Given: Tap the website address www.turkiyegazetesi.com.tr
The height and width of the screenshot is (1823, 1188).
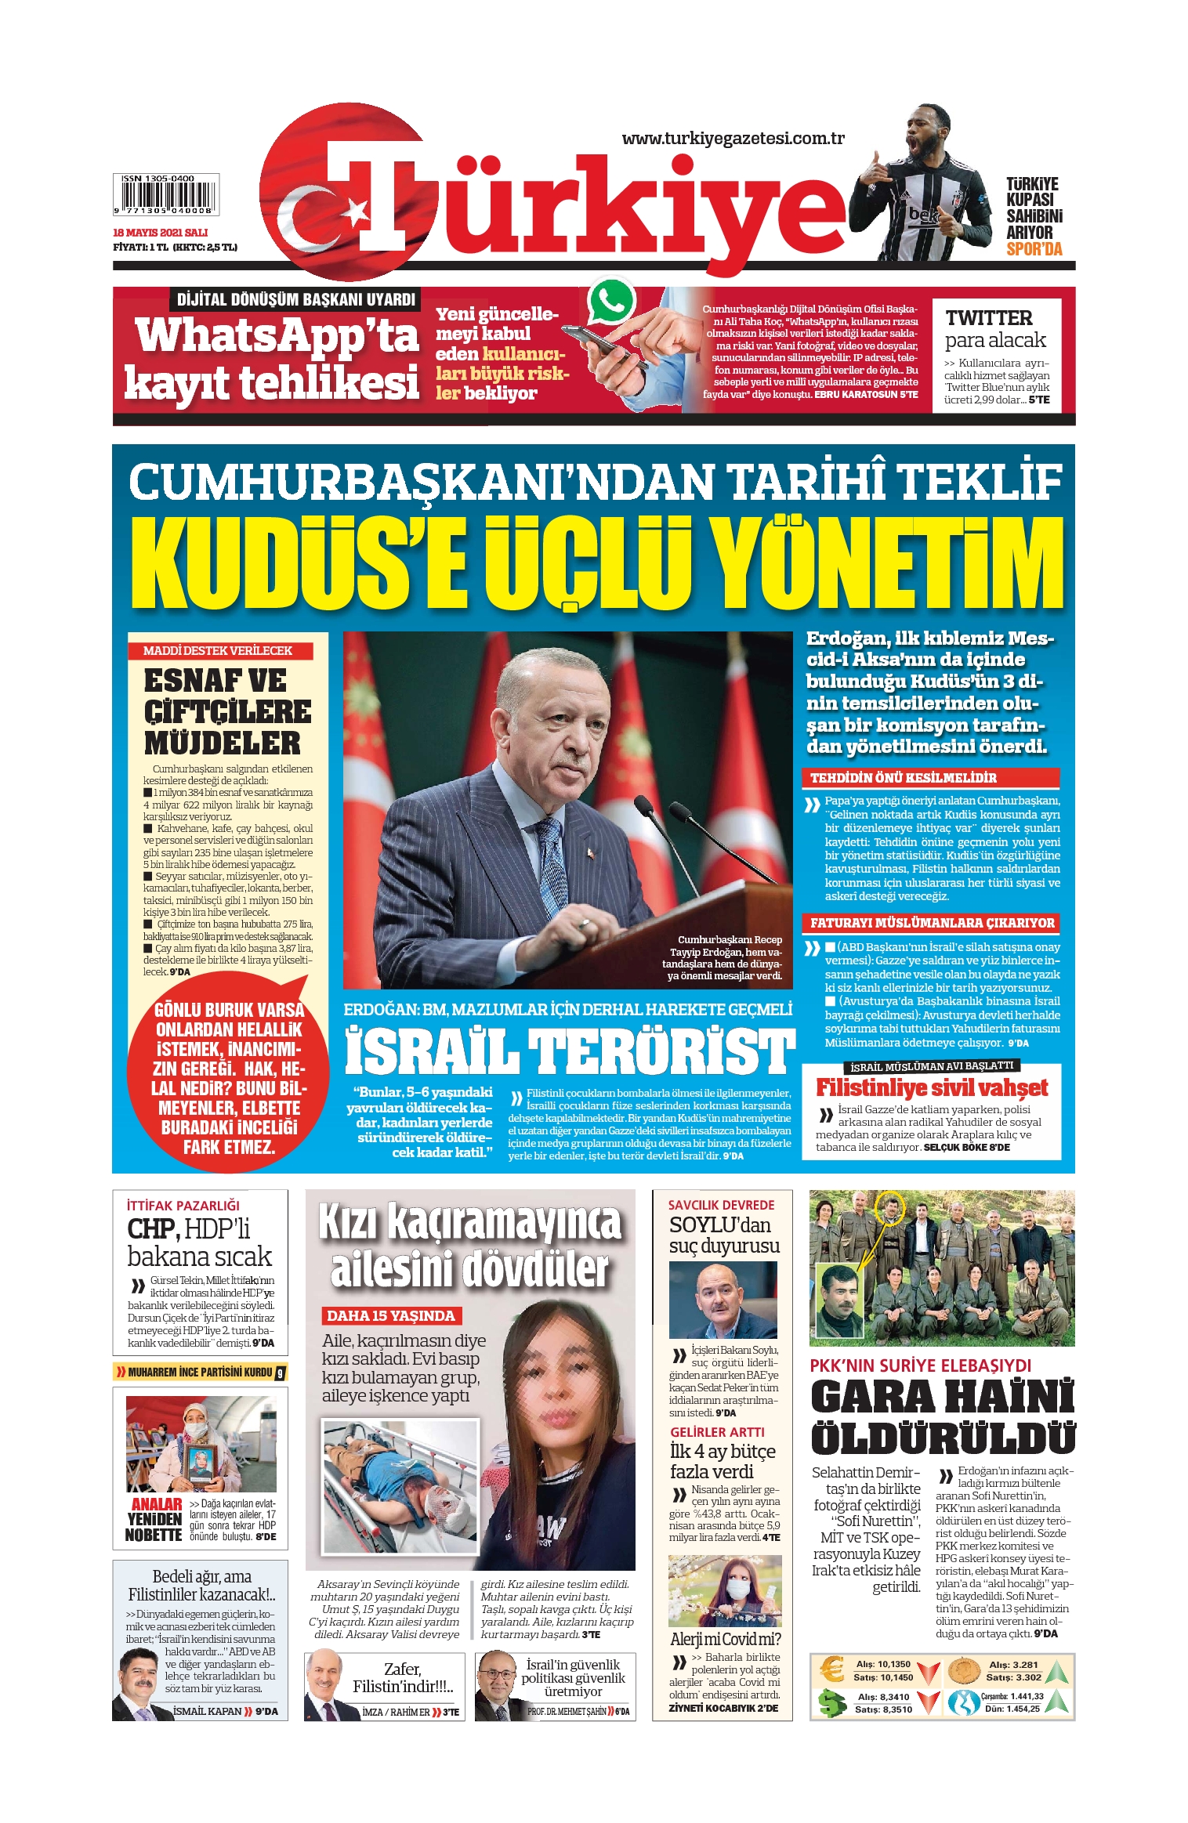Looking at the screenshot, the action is pyautogui.click(x=733, y=139).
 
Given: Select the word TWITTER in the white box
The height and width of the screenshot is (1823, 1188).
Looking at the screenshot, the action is pyautogui.click(x=988, y=318).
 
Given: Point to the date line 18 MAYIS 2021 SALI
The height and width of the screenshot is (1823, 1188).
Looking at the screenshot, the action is pyautogui.click(x=161, y=233).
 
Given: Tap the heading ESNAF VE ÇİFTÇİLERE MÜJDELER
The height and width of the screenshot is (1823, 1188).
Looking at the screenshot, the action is pyautogui.click(x=227, y=711).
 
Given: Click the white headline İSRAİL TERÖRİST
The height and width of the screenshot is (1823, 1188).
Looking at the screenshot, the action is pyautogui.click(x=570, y=1051).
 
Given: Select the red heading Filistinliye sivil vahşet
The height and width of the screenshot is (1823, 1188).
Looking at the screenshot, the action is pyautogui.click(x=932, y=1087).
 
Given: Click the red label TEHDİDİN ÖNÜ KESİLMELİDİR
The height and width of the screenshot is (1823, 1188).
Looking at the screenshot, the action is pyautogui.click(x=904, y=778).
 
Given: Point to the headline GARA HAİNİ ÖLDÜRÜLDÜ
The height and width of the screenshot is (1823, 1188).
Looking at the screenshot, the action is pyautogui.click(x=942, y=1417).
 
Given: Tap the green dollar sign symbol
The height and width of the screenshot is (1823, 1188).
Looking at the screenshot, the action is pyautogui.click(x=831, y=1703).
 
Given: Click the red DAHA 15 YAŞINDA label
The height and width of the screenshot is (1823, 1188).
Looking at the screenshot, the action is pyautogui.click(x=390, y=1316).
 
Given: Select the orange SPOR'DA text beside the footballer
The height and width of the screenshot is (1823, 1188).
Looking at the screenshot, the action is pyautogui.click(x=1034, y=249).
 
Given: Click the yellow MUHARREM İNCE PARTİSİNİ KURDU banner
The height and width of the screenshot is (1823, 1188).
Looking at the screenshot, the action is pyautogui.click(x=200, y=1373).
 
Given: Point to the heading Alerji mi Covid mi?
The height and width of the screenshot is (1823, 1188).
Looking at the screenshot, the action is pyautogui.click(x=725, y=1639).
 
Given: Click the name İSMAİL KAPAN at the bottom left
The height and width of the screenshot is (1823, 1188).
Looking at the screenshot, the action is pyautogui.click(x=207, y=1711).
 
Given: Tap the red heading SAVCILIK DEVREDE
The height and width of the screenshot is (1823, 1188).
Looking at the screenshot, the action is pyautogui.click(x=721, y=1205).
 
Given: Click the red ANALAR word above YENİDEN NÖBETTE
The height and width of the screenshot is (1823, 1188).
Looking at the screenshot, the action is pyautogui.click(x=157, y=1504).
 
